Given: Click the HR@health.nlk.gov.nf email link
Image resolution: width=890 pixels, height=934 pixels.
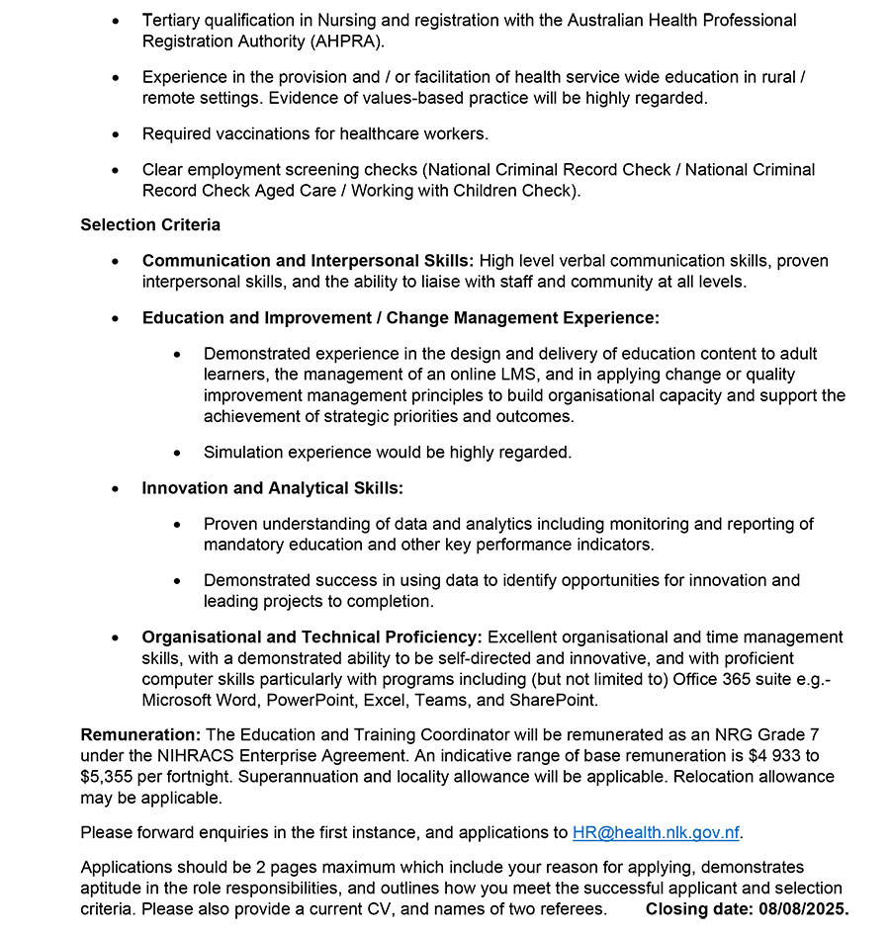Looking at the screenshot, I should coord(656,832).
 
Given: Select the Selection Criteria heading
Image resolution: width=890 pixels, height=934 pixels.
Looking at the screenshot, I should coord(150,224).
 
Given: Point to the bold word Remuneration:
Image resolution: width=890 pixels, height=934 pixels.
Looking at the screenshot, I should coord(140,734).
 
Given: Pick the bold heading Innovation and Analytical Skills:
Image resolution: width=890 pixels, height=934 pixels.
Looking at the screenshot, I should coord(272,488).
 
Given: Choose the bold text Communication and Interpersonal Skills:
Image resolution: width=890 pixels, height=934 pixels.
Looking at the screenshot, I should coord(308,261).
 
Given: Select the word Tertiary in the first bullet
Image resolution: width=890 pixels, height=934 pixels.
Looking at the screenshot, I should coord(174,20).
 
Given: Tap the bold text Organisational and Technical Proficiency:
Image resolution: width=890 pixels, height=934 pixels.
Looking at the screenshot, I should coord(311,637).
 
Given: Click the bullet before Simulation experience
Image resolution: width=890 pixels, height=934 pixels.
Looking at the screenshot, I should coord(178,453).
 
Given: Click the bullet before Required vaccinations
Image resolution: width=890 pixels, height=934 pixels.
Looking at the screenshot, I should coord(117,133).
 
